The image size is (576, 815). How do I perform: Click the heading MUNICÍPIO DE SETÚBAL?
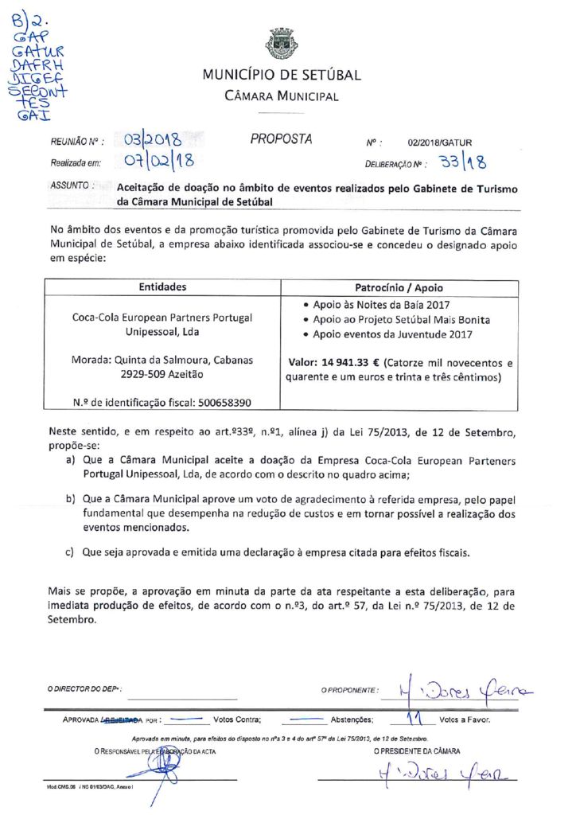coord(281,76)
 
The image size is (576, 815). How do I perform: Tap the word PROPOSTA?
coord(281,139)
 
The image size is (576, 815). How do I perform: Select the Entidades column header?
coord(162,287)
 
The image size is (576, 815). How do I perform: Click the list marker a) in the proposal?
coord(72,461)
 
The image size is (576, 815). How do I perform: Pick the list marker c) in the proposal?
coord(71,552)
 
